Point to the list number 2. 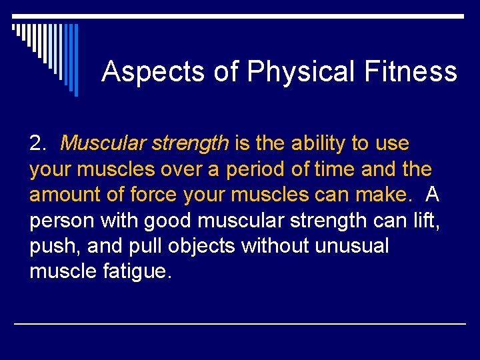tap(37, 143)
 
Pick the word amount tap(64, 195)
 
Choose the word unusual tap(351, 246)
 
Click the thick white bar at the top tap(239, 15)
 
